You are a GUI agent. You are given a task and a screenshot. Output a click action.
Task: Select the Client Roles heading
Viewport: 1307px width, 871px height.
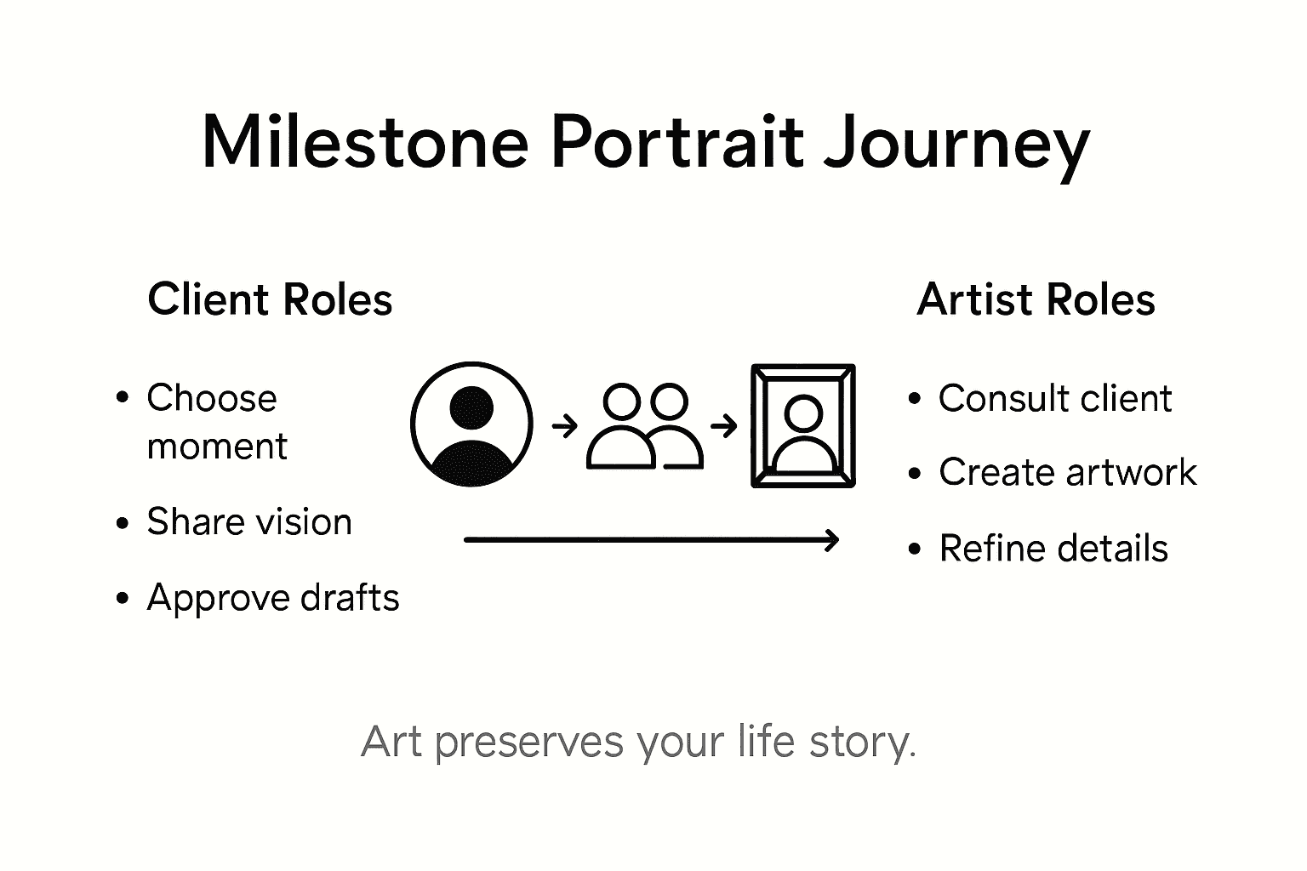tap(270, 299)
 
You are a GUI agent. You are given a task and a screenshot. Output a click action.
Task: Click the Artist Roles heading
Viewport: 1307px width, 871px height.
tap(1036, 299)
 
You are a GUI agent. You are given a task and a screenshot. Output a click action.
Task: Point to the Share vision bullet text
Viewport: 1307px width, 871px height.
tap(248, 522)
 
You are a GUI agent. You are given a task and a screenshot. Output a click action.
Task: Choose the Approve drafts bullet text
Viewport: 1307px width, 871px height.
tap(272, 598)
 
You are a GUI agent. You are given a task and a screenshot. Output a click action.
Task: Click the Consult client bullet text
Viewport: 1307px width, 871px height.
tap(1055, 399)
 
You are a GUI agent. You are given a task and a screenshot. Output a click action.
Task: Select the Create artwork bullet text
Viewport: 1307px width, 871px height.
tap(1067, 473)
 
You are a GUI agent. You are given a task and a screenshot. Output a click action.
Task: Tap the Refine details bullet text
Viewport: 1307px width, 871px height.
tap(1053, 549)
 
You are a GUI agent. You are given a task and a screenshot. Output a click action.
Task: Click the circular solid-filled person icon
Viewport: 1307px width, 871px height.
tap(471, 424)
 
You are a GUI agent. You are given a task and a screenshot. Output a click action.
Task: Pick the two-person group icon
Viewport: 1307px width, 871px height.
tap(645, 426)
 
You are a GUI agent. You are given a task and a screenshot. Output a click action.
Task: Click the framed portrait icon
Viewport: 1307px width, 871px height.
tap(802, 426)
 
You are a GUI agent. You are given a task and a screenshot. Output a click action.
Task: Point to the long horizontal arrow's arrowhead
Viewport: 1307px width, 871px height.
tap(834, 539)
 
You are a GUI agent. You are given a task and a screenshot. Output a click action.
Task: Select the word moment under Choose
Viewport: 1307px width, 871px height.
tap(217, 447)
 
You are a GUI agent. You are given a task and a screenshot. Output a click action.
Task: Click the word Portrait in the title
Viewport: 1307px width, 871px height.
tap(676, 142)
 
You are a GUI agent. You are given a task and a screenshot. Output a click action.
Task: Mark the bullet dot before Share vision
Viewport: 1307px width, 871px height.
tap(123, 522)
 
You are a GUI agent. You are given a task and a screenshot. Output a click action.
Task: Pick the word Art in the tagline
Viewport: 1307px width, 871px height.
tap(391, 742)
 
